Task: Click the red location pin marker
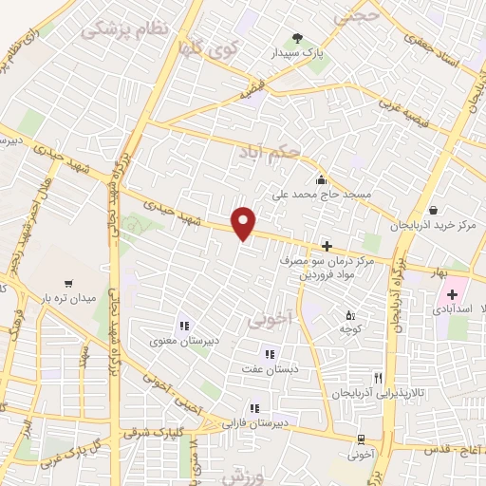(244, 223)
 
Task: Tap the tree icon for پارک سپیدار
(297, 39)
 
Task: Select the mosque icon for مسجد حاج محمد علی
(321, 179)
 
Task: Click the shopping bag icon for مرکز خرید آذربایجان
(434, 210)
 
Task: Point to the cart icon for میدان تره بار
(68, 283)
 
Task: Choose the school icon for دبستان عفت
(270, 354)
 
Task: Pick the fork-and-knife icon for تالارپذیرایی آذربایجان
(378, 378)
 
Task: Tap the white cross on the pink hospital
(453, 295)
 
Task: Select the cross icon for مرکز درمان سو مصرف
(327, 246)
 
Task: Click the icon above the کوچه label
(349, 314)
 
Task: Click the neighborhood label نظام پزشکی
(123, 29)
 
